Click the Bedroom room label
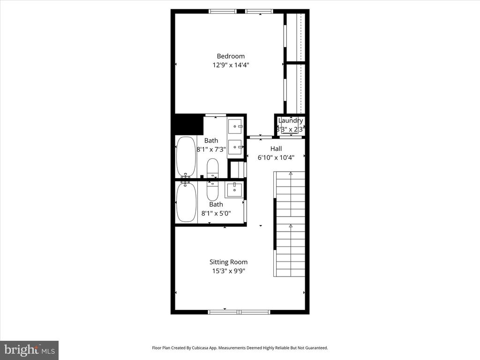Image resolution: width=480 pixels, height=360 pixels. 231,56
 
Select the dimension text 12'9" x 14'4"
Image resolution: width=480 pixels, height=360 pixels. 231,66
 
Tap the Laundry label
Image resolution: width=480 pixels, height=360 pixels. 291,120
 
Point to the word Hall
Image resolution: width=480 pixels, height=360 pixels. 276,149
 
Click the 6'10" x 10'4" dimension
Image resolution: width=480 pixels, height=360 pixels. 276,158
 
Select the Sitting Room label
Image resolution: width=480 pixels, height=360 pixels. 228,262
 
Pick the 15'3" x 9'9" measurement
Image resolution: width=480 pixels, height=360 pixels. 228,271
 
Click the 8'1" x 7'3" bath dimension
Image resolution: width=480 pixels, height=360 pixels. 211,150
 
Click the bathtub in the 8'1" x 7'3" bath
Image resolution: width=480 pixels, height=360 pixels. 186,156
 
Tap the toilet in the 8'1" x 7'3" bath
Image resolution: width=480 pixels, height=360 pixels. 212,168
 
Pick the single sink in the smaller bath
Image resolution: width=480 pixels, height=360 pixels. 234,190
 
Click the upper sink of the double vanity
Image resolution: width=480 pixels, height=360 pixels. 235,126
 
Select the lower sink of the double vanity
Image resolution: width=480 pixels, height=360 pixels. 235,147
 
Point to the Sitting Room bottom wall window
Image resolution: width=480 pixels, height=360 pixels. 239,311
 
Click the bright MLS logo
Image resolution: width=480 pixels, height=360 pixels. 29,350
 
